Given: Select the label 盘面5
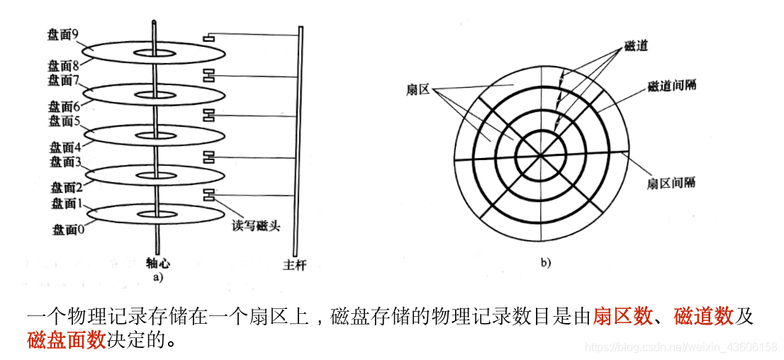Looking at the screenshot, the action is click(65, 120).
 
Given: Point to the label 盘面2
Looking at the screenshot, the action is click(67, 188).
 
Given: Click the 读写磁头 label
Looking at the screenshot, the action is click(255, 226).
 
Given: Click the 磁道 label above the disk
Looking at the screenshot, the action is click(636, 46).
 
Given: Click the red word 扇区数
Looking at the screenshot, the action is click(622, 317).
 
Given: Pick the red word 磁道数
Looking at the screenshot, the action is click(704, 317).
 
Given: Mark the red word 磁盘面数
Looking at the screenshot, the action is click(67, 340).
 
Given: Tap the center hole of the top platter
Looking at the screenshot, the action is click(156, 52).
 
